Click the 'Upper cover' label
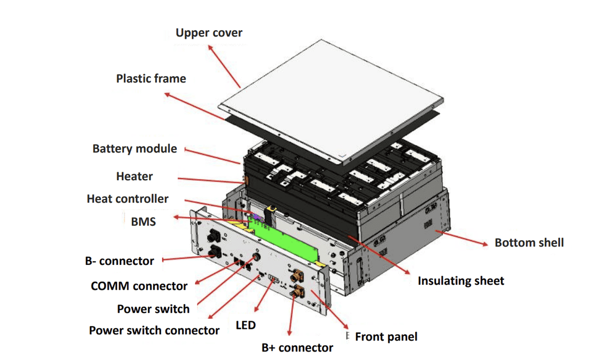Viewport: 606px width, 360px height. click(x=209, y=33)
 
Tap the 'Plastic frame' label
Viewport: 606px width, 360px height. click(x=151, y=79)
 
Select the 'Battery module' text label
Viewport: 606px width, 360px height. click(x=135, y=149)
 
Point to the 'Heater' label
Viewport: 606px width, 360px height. click(x=134, y=176)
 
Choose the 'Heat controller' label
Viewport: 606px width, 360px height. click(x=128, y=199)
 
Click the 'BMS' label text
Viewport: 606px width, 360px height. click(x=143, y=222)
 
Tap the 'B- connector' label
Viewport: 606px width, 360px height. click(x=120, y=261)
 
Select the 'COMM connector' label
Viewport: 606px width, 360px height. click(x=139, y=286)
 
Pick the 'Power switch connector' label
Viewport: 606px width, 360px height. click(x=154, y=331)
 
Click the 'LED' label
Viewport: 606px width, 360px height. click(x=246, y=325)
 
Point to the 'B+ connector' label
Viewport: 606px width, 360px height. click(x=297, y=348)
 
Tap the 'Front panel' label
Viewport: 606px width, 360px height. click(x=386, y=337)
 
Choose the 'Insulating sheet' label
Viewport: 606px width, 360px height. click(x=461, y=281)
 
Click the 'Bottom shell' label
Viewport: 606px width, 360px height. click(x=529, y=243)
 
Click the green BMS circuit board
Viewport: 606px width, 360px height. click(x=286, y=240)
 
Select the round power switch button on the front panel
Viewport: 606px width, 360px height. click(x=255, y=257)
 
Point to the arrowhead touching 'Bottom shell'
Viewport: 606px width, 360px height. click(x=485, y=244)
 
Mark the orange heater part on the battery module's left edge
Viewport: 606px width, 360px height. click(x=246, y=180)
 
